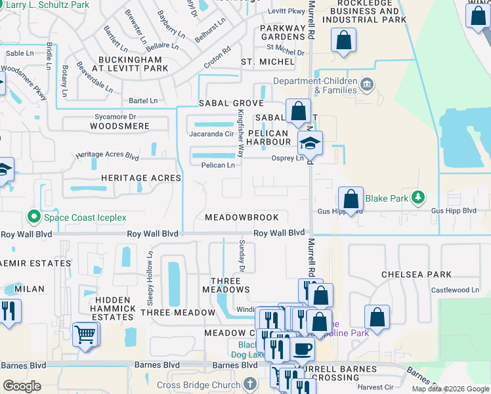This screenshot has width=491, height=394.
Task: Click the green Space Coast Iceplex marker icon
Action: click(x=33, y=216)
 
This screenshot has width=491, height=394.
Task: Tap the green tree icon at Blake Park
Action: click(x=417, y=197)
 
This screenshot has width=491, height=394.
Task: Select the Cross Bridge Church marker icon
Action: click(x=249, y=383)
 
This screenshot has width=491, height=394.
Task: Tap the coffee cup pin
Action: click(x=302, y=349)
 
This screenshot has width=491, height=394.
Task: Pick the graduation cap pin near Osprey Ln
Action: click(x=310, y=142)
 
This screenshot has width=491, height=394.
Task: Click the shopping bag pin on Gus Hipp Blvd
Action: click(x=351, y=198)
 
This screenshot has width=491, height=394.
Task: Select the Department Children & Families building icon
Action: click(x=366, y=83)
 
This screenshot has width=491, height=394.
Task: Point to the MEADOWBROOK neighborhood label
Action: click(x=242, y=217)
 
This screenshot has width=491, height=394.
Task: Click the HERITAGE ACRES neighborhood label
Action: click(x=140, y=178)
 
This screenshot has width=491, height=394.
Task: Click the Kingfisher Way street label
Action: click(x=240, y=133)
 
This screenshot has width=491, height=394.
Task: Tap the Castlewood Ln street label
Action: click(x=455, y=290)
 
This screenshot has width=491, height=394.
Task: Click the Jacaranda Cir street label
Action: click(x=211, y=133)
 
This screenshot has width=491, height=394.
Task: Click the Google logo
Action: click(x=22, y=386)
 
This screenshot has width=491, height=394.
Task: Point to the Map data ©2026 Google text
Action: click(x=449, y=389)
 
